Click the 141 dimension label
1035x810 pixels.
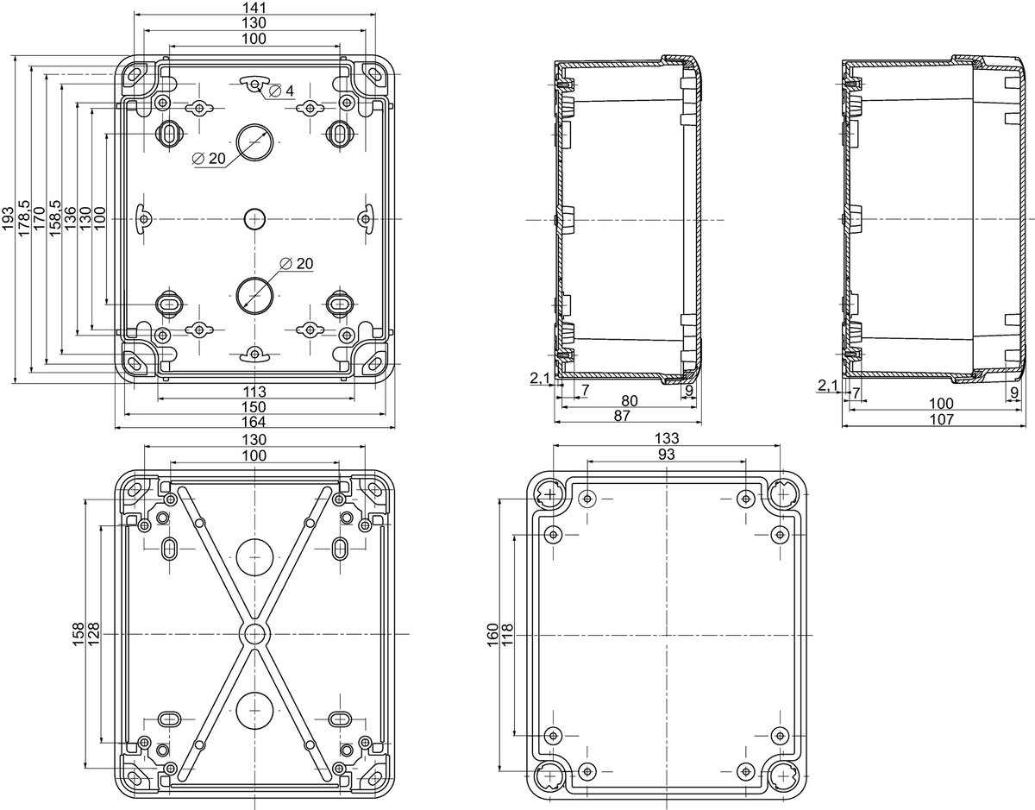click(x=254, y=8)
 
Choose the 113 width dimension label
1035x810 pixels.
click(x=254, y=392)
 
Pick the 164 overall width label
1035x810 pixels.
click(x=254, y=421)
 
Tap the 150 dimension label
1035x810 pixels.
click(x=254, y=406)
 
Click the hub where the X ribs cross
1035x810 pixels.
click(x=254, y=634)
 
